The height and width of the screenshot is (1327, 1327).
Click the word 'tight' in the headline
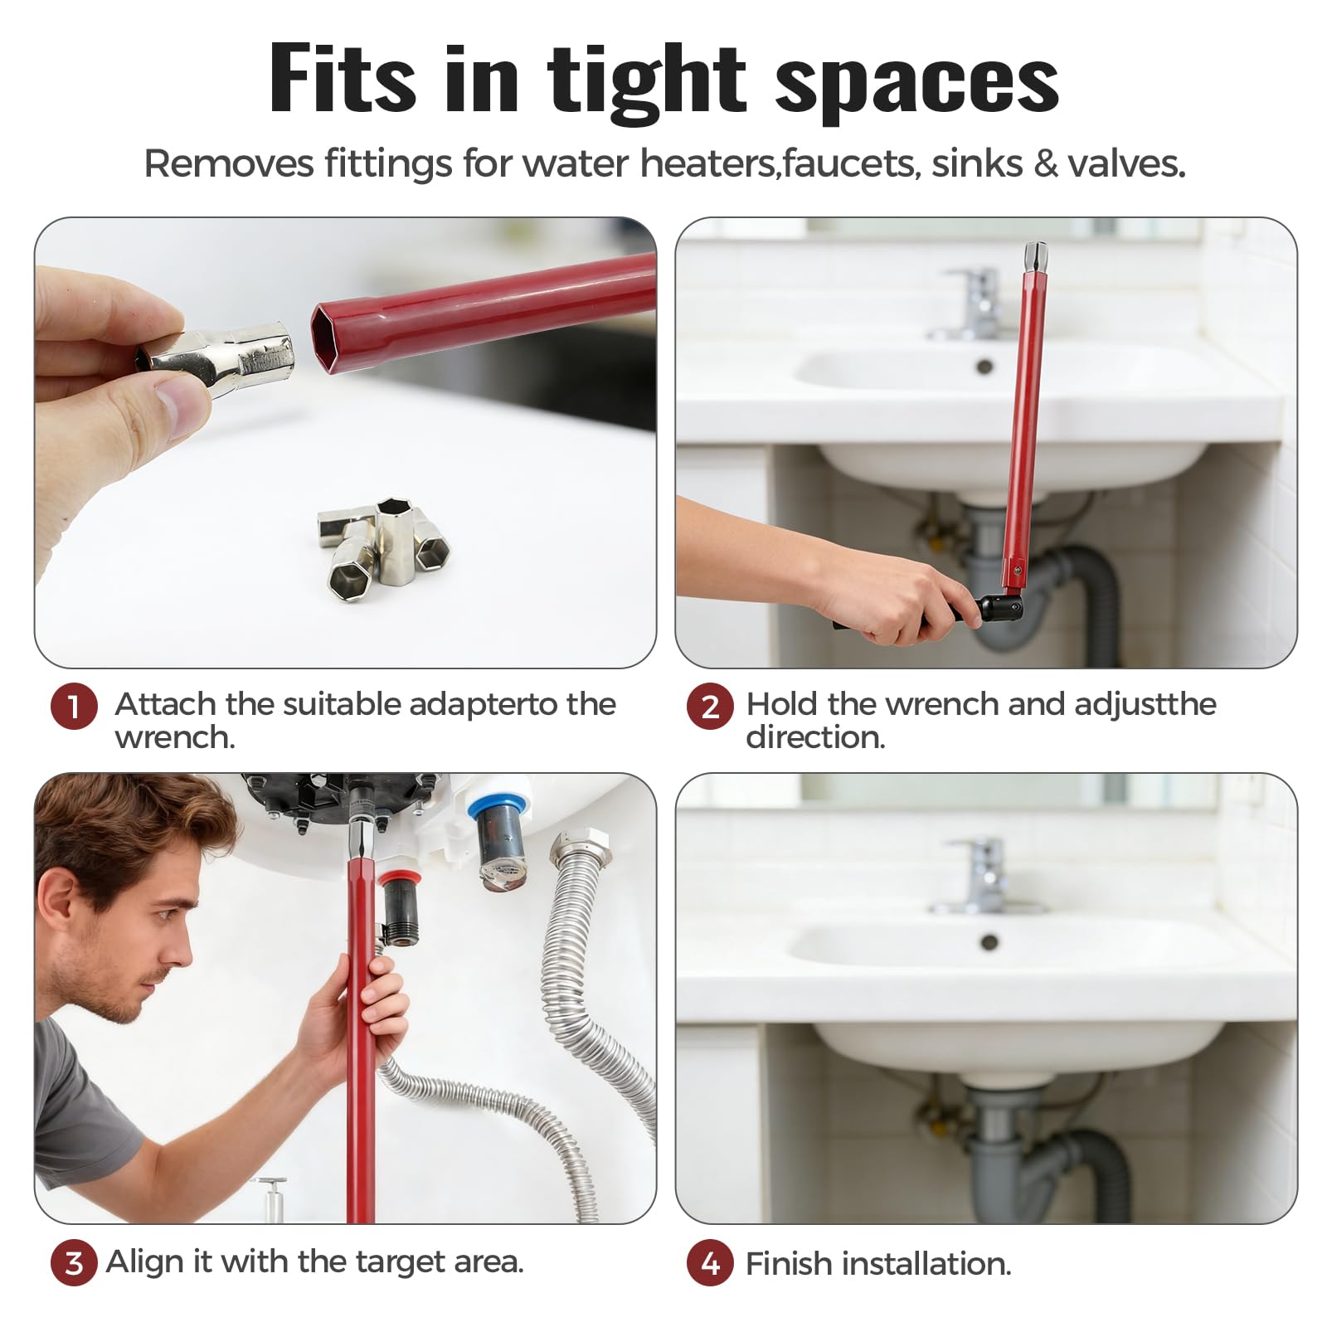[647, 81]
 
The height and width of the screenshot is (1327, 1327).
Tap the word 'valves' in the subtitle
[1125, 163]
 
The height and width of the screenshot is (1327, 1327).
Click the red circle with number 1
[74, 707]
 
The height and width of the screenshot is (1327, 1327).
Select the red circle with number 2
[710, 707]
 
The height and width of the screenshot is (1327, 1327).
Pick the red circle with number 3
[74, 1262]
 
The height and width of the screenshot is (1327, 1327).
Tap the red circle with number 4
[710, 1263]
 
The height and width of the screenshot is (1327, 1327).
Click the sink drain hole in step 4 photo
[989, 942]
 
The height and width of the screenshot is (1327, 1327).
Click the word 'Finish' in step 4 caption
[787, 1264]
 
